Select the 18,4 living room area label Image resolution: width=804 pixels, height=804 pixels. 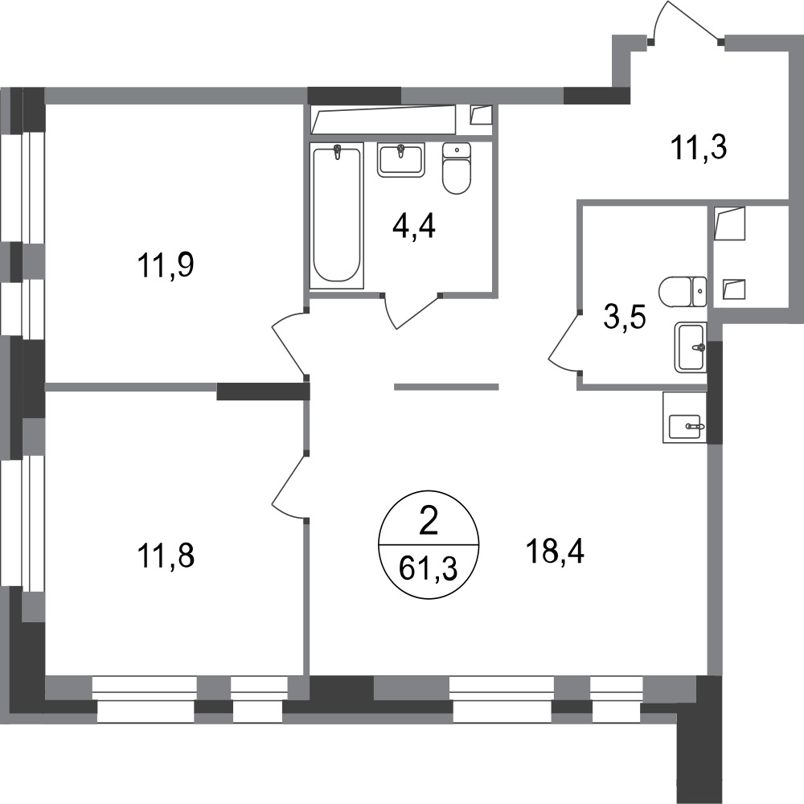[x=556, y=553]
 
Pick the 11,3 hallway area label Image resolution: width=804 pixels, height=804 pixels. [x=698, y=148]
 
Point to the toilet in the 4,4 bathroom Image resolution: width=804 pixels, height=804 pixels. [x=457, y=169]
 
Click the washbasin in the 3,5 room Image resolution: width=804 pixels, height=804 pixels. [x=691, y=347]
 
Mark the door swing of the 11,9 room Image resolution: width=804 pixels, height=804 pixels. [x=285, y=342]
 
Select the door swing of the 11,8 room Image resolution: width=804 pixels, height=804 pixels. [x=285, y=486]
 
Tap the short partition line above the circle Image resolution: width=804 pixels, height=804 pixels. [x=446, y=387]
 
